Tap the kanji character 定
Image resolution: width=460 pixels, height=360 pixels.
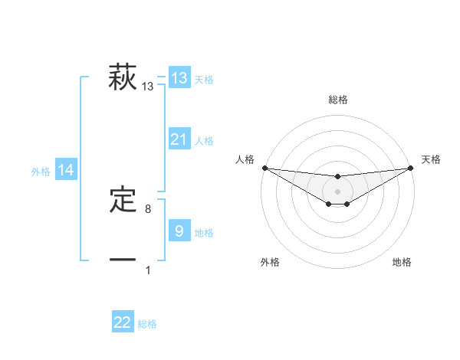tap(123, 200)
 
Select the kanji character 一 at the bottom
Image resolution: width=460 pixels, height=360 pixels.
tap(123, 260)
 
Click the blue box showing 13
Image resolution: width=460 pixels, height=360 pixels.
tap(179, 78)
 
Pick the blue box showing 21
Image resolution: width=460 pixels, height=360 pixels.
tap(179, 139)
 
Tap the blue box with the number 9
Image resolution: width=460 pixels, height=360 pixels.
tap(179, 231)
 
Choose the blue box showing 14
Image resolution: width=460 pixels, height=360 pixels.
tap(66, 171)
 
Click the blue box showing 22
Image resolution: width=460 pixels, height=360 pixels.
tap(123, 322)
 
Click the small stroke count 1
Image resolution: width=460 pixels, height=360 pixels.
tap(148, 270)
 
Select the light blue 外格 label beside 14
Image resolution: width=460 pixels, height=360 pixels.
tap(41, 172)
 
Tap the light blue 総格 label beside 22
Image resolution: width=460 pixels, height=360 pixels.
tap(147, 324)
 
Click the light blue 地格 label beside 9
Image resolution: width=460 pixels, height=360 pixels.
tap(204, 233)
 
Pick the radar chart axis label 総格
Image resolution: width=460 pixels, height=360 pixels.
tap(338, 100)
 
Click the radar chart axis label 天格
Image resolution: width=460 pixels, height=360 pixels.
tap(432, 159)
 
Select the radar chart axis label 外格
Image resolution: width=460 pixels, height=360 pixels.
tap(270, 262)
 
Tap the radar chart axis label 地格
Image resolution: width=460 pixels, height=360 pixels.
tap(402, 262)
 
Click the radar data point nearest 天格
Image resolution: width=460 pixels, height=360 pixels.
tap(412, 168)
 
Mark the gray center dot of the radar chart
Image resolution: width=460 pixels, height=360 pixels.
tap(338, 191)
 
